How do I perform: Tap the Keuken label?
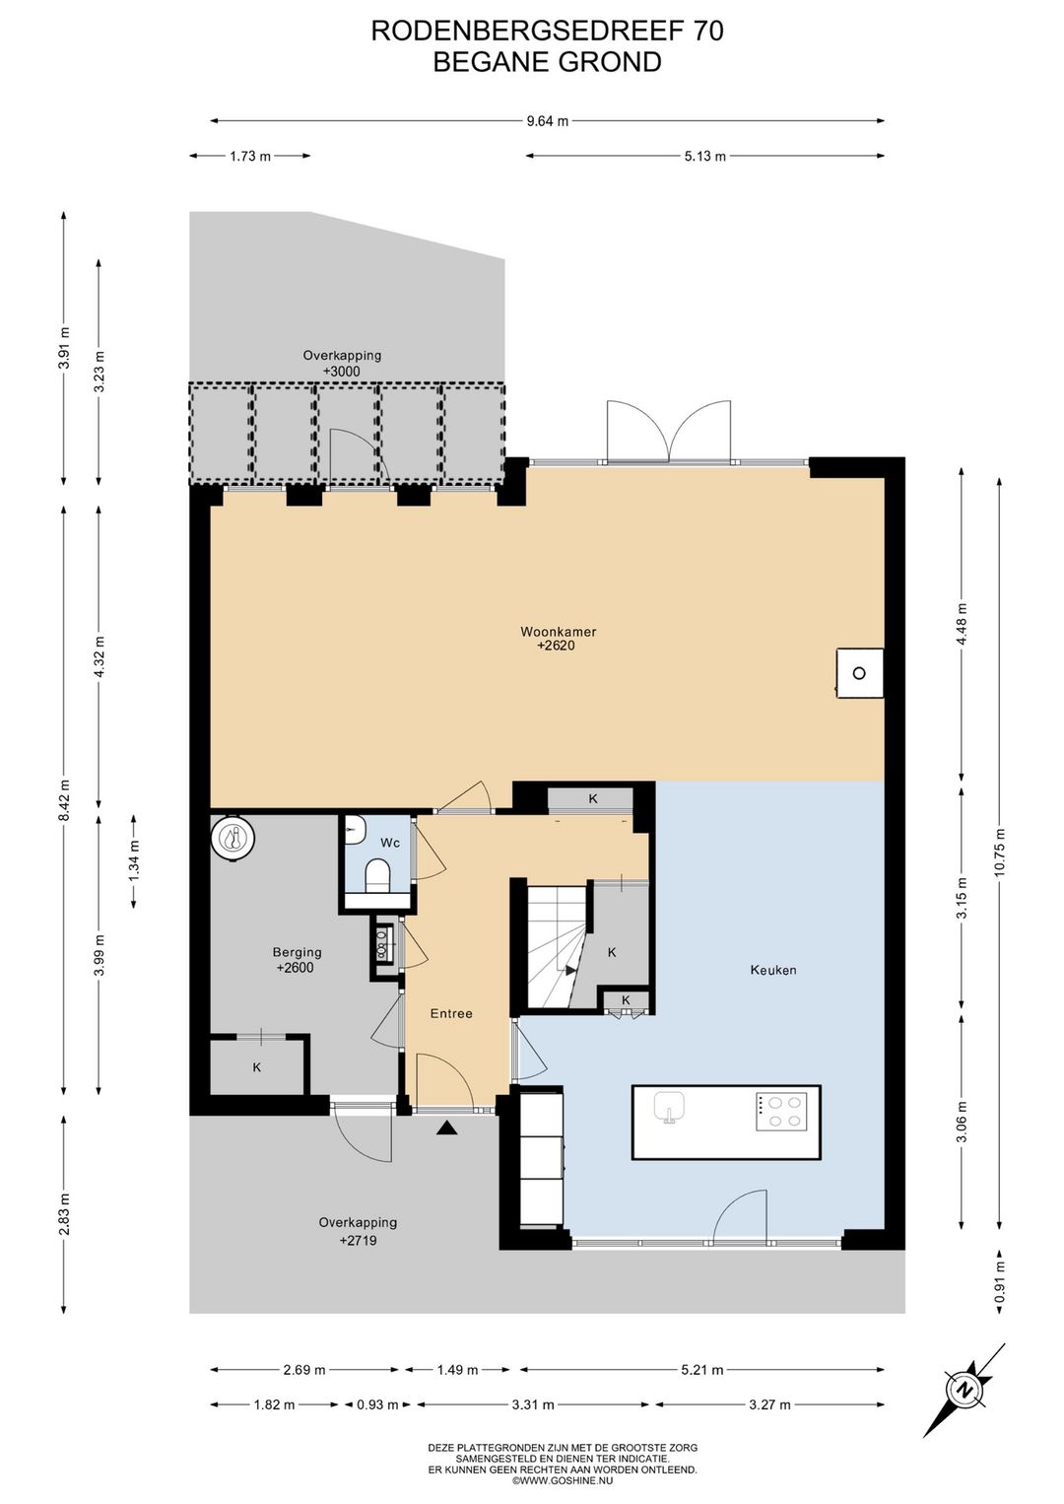pyautogui.click(x=773, y=970)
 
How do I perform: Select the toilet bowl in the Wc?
pyautogui.click(x=378, y=877)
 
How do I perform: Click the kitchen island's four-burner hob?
pyautogui.click(x=780, y=1111)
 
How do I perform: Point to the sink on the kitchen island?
pyautogui.click(x=669, y=1106)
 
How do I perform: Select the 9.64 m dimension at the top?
pyautogui.click(x=547, y=121)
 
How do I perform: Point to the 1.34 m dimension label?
pyautogui.click(x=134, y=861)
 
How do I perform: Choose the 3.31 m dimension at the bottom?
pyautogui.click(x=533, y=1403)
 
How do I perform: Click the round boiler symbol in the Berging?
pyautogui.click(x=233, y=838)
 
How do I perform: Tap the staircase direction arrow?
pyautogui.click(x=570, y=970)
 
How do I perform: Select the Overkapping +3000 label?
pyautogui.click(x=342, y=364)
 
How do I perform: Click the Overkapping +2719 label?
pyautogui.click(x=358, y=1231)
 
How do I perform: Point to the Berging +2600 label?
pyautogui.click(x=296, y=960)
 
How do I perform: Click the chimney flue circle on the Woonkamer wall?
pyautogui.click(x=858, y=673)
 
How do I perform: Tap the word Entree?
pyautogui.click(x=451, y=1013)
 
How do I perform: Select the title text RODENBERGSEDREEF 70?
pyautogui.click(x=547, y=31)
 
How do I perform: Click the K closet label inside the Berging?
pyautogui.click(x=256, y=1067)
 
